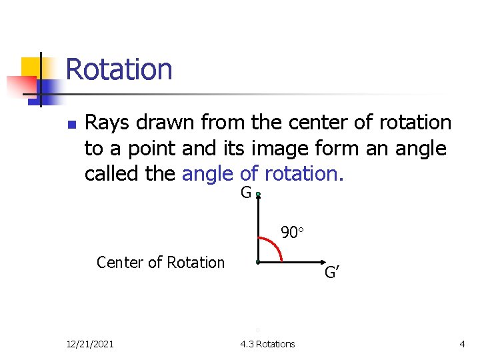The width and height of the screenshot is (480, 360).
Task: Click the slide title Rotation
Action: click(x=119, y=69)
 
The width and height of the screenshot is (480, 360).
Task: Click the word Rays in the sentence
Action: click(x=107, y=123)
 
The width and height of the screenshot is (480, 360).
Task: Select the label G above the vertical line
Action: click(x=246, y=193)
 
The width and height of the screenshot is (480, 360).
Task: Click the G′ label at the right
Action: click(x=333, y=272)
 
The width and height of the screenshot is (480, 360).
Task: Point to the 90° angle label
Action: click(x=292, y=233)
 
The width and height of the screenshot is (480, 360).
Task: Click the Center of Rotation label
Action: click(x=161, y=263)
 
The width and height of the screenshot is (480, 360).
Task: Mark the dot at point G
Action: click(x=258, y=195)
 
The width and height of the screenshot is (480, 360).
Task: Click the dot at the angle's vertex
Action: click(x=258, y=263)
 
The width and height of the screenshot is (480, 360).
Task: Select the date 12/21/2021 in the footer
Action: click(x=90, y=344)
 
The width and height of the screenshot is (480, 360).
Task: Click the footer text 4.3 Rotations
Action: click(x=267, y=344)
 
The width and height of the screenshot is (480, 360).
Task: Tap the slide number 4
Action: click(x=462, y=344)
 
